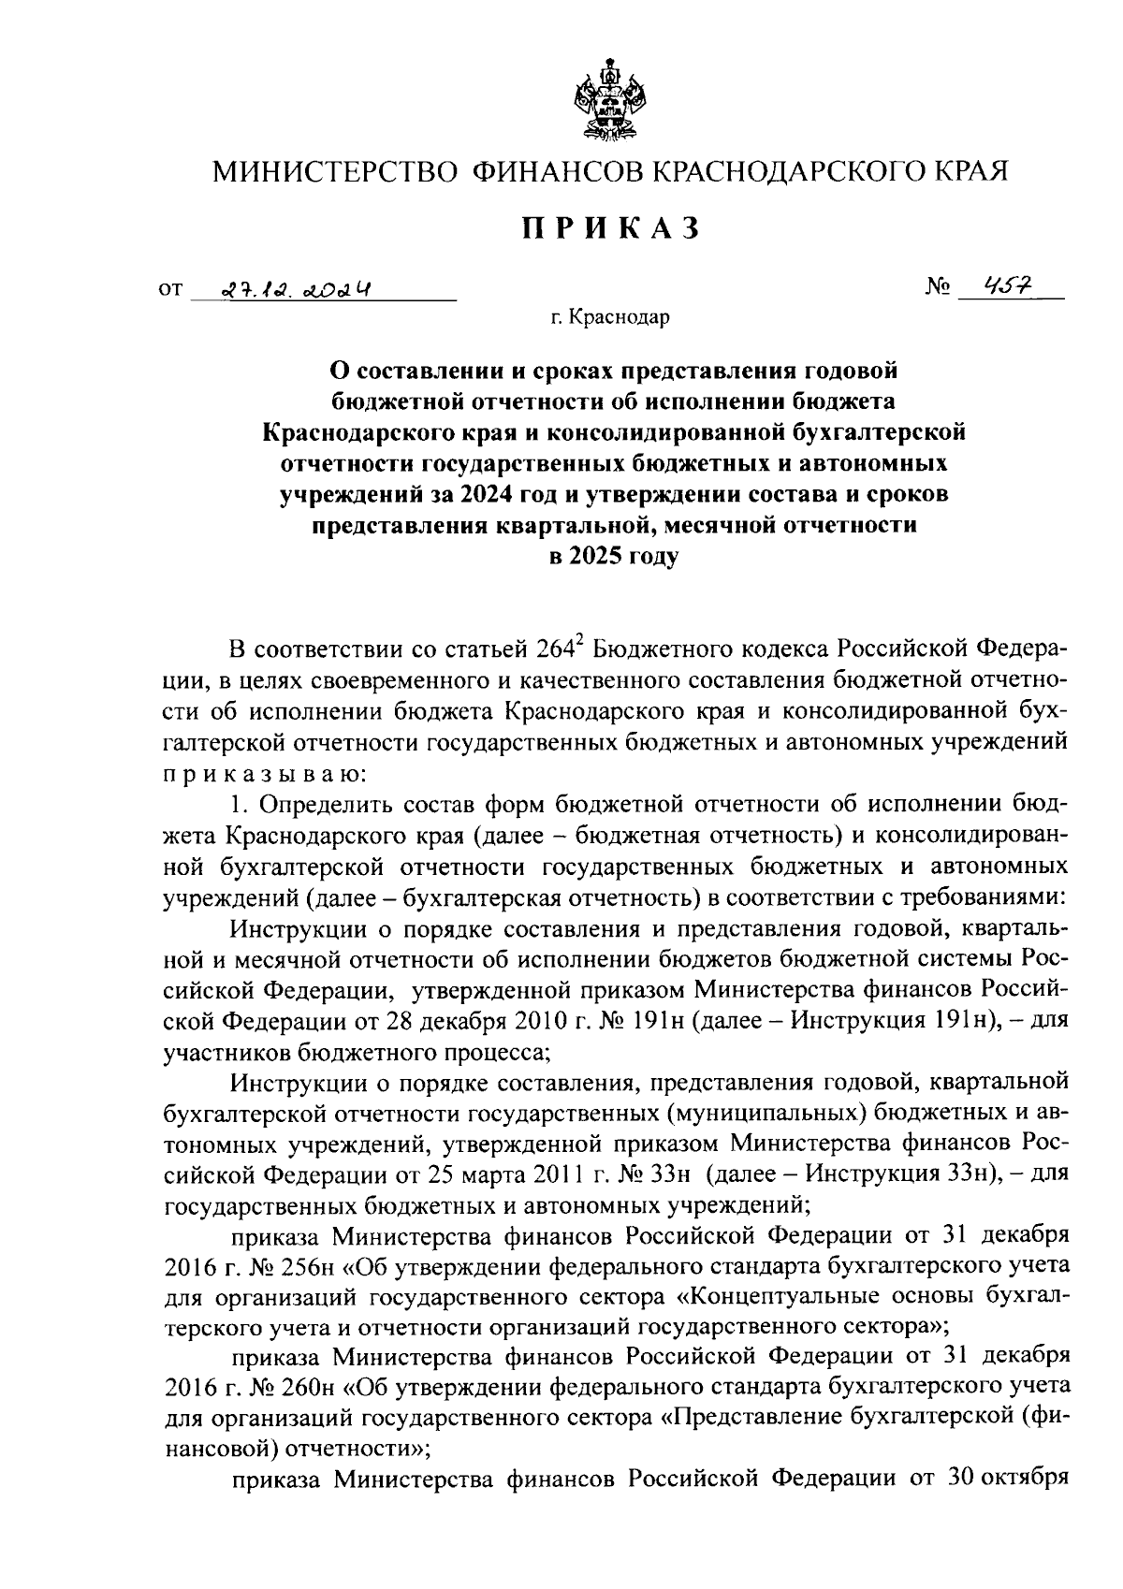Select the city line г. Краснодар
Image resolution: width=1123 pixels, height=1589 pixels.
(610, 319)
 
